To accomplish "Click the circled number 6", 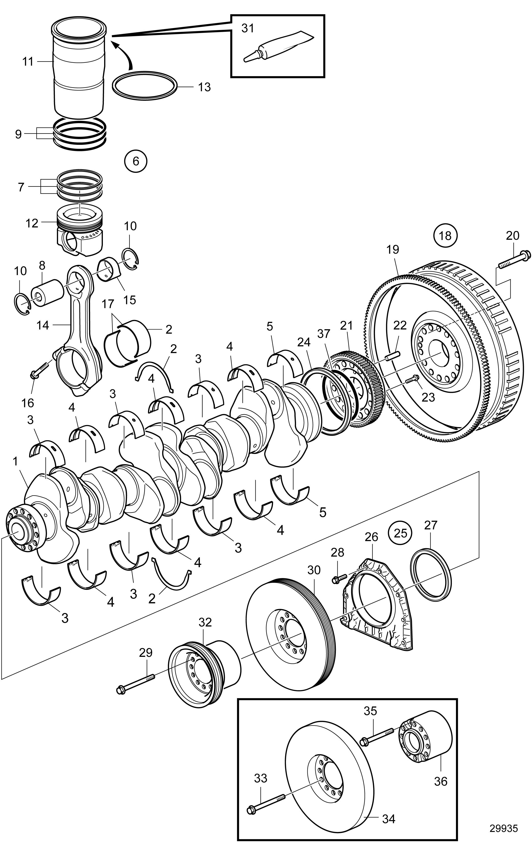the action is coord(136,161).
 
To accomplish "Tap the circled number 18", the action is coord(445,235).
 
